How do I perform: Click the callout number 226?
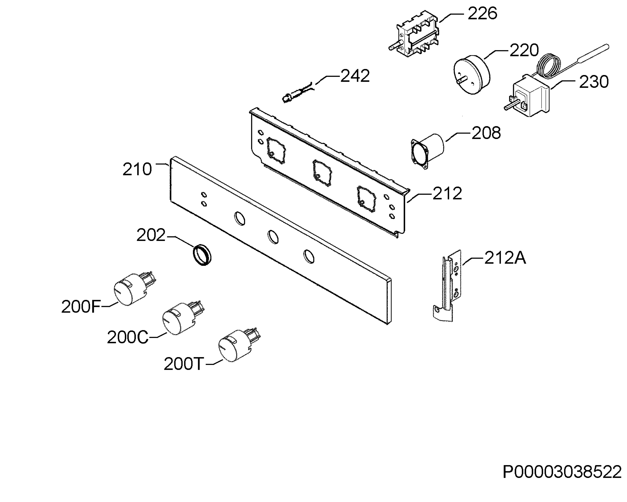[x=482, y=14]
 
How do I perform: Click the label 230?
[x=594, y=82]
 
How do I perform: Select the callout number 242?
[x=355, y=76]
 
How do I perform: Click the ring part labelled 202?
[x=202, y=255]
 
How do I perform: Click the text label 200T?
[x=183, y=364]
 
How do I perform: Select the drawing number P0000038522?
[x=562, y=472]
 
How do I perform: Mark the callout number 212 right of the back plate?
[x=447, y=193]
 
